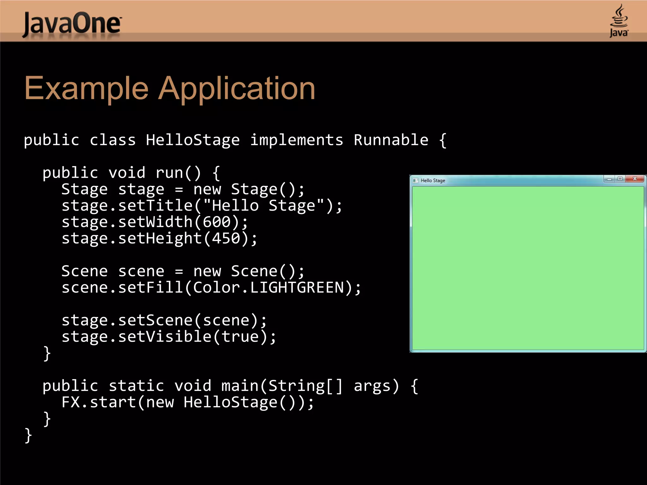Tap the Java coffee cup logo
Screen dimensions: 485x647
pyautogui.click(x=619, y=21)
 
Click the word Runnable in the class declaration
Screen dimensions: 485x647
pyautogui.click(x=391, y=140)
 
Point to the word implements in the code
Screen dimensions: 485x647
pyautogui.click(x=296, y=140)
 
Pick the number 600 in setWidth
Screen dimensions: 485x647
pyautogui.click(x=217, y=222)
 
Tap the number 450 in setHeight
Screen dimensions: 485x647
pyautogui.click(x=226, y=238)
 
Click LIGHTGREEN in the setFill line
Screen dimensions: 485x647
pyautogui.click(x=297, y=288)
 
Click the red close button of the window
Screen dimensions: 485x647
pyautogui.click(x=635, y=179)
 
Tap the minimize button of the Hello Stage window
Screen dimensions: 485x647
pyautogui.click(x=609, y=179)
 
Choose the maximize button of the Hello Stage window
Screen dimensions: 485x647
pyautogui.click(x=620, y=179)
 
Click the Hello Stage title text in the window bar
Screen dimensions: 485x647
pyautogui.click(x=433, y=181)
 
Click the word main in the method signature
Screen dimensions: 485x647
pyautogui.click(x=240, y=386)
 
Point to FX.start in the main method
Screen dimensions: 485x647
pyautogui.click(x=99, y=402)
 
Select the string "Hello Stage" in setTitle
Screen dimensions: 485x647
pyautogui.click(x=263, y=206)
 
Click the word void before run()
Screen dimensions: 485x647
pyautogui.click(x=127, y=173)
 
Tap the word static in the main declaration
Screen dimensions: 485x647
pyautogui.click(x=136, y=386)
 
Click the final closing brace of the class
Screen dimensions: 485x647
pyautogui.click(x=28, y=435)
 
